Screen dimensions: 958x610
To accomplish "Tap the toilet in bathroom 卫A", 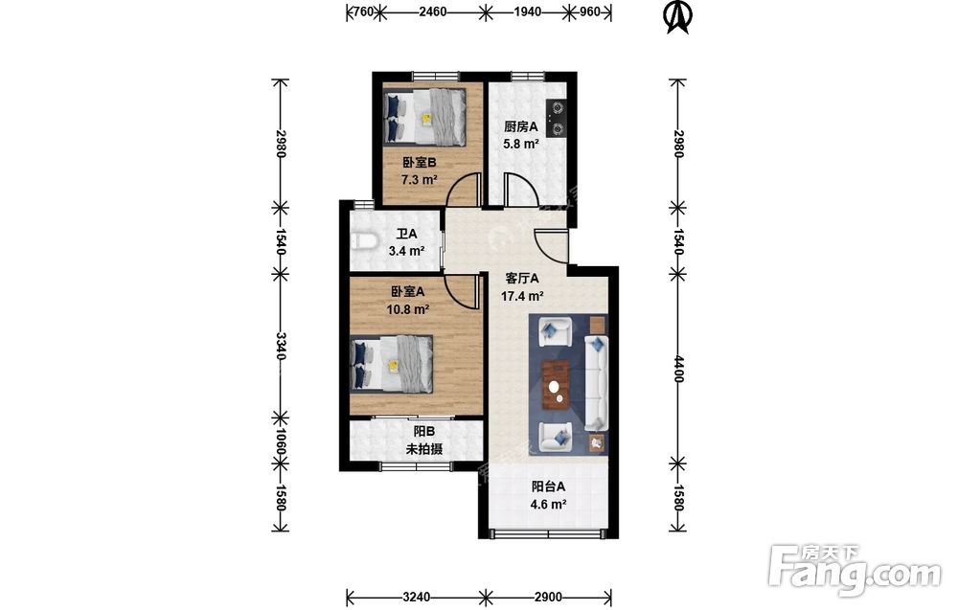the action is pyautogui.click(x=363, y=240).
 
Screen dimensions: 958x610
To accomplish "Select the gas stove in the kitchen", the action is pyautogui.click(x=556, y=119).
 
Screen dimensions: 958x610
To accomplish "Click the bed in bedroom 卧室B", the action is pyautogui.click(x=424, y=117).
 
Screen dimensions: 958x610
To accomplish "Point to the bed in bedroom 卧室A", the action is pyautogui.click(x=392, y=364).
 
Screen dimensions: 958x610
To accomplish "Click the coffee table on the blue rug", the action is pyautogui.click(x=556, y=383).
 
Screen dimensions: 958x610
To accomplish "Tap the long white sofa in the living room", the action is pyautogui.click(x=596, y=382).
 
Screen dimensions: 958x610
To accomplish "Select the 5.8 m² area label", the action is pyautogui.click(x=520, y=144).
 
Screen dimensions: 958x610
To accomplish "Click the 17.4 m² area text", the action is pyautogui.click(x=522, y=296).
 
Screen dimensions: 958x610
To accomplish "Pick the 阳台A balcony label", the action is pyautogui.click(x=548, y=486).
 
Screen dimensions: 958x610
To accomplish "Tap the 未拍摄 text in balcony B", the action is pyautogui.click(x=424, y=449).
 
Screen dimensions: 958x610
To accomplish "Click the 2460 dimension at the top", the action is pyautogui.click(x=433, y=11).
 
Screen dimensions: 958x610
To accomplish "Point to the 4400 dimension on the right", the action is pyautogui.click(x=677, y=368).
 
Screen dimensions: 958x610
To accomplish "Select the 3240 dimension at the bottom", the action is pyautogui.click(x=416, y=597).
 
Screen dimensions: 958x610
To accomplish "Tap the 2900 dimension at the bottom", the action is pyautogui.click(x=548, y=597).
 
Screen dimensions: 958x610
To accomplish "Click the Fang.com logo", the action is pyautogui.click(x=855, y=570).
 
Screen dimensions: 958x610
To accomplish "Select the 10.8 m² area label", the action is pyautogui.click(x=407, y=309).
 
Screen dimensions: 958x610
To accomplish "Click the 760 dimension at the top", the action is pyautogui.click(x=364, y=11).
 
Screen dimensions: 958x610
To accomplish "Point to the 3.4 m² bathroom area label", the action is pyautogui.click(x=407, y=250).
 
